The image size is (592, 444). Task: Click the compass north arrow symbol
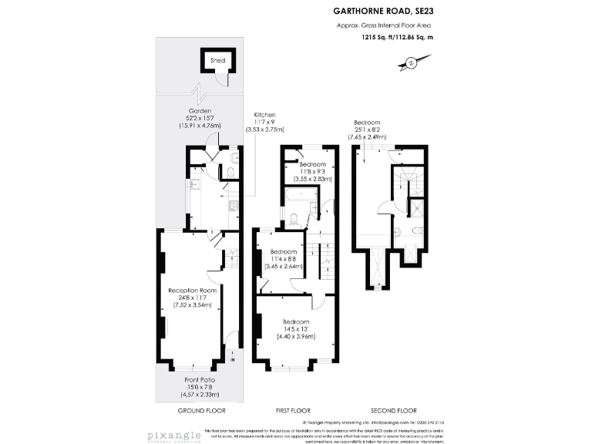411,62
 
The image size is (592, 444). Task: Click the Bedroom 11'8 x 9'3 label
312,165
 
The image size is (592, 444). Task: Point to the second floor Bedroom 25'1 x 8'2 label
367,123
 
